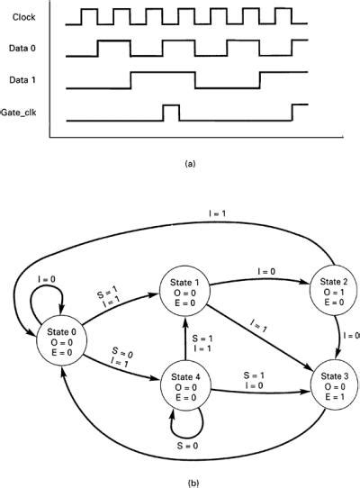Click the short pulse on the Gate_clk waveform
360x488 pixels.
[x=169, y=112]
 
